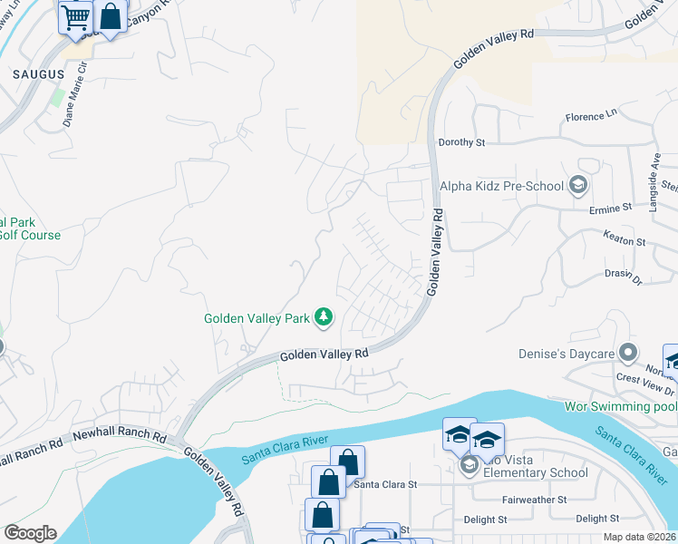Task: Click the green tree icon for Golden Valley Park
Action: [324, 317]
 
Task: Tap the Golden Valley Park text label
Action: [257, 318]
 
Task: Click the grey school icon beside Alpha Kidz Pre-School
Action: [576, 187]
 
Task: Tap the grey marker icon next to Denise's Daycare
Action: [626, 353]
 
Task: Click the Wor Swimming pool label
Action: [620, 406]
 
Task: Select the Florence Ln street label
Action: [590, 117]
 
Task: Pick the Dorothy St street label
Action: [461, 142]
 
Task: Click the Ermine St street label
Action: [610, 208]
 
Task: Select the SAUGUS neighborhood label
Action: [37, 73]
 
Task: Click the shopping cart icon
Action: [76, 17]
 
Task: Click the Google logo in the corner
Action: [29, 532]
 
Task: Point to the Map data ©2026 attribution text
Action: [638, 537]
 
